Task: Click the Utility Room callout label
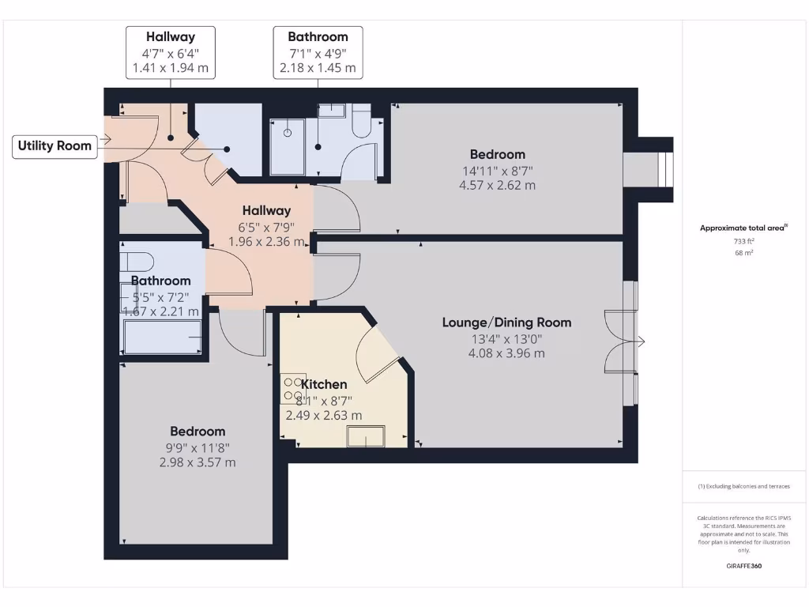(55, 146)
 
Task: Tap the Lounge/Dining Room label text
(506, 322)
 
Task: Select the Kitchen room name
(324, 385)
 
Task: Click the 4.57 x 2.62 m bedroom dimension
(497, 186)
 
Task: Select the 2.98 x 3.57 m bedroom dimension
(198, 462)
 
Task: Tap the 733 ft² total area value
(743, 241)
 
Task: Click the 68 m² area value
(743, 253)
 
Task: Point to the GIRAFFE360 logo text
(743, 566)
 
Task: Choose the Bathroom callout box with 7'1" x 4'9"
(318, 52)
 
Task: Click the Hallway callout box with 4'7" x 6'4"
(170, 52)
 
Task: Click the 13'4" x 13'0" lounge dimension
(506, 338)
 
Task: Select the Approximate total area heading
(743, 228)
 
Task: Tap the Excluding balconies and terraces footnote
(743, 486)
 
